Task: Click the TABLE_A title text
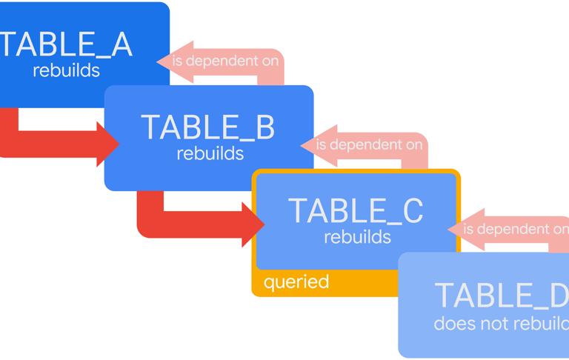pos(65,44)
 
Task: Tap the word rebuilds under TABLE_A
pos(67,71)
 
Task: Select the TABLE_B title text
pos(207,127)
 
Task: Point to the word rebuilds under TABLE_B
pos(210,154)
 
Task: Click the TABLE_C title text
pos(356,211)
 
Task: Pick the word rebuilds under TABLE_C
pos(358,237)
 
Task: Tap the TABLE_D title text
pos(501,296)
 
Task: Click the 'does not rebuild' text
pos(501,324)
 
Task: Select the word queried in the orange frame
pos(296,282)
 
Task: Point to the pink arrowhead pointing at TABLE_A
pos(166,61)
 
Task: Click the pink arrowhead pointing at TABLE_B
pos(310,145)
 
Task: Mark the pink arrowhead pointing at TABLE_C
pos(458,230)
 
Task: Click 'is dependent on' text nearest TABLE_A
pos(226,61)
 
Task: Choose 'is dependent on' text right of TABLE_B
pos(369,144)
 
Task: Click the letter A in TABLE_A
pos(119,44)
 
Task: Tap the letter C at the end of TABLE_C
pos(412,211)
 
